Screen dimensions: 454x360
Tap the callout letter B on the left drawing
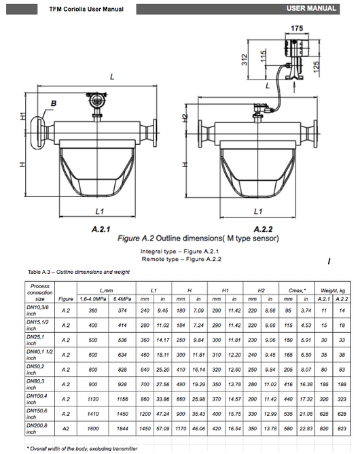click(x=52, y=103)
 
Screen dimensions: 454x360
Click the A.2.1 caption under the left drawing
click(x=101, y=230)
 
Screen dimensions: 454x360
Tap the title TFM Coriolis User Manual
click(x=81, y=10)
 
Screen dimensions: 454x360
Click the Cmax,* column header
click(x=299, y=290)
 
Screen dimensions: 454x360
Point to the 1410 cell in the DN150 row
click(x=93, y=413)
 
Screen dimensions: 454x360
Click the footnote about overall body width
click(x=82, y=449)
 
